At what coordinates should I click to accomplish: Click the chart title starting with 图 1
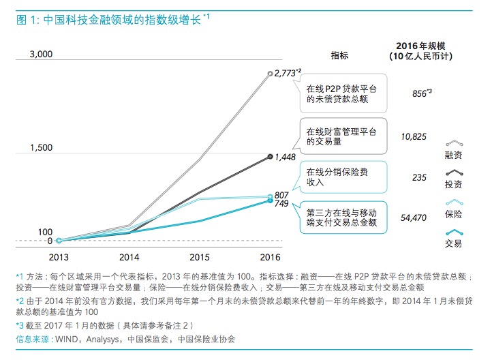(109, 20)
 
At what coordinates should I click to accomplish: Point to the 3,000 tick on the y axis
(40, 54)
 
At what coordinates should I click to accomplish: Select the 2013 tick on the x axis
(58, 257)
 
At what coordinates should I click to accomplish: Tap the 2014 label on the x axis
(129, 257)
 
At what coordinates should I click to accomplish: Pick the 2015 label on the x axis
(200, 257)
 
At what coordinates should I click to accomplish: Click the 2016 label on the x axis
(271, 257)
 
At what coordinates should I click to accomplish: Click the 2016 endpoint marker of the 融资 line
(271, 72)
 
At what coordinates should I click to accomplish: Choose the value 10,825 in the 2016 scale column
(414, 136)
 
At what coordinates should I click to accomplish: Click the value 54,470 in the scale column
(414, 217)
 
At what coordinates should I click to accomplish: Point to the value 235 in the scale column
(419, 177)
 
